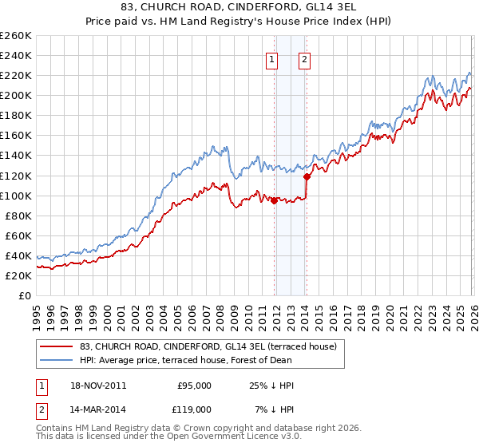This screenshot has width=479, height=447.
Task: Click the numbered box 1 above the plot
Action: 272,58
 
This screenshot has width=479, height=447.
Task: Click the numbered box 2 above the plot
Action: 305,58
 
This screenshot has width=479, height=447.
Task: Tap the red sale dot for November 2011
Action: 274,200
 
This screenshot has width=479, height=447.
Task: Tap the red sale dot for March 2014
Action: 307,176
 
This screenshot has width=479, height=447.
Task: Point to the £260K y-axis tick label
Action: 16,36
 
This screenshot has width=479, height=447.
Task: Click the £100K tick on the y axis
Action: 16,196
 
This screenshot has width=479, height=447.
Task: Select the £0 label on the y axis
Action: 26,295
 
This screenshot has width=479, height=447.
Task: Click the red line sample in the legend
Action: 57,346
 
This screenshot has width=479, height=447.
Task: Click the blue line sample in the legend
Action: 57,360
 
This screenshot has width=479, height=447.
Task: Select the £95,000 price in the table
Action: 194,386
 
